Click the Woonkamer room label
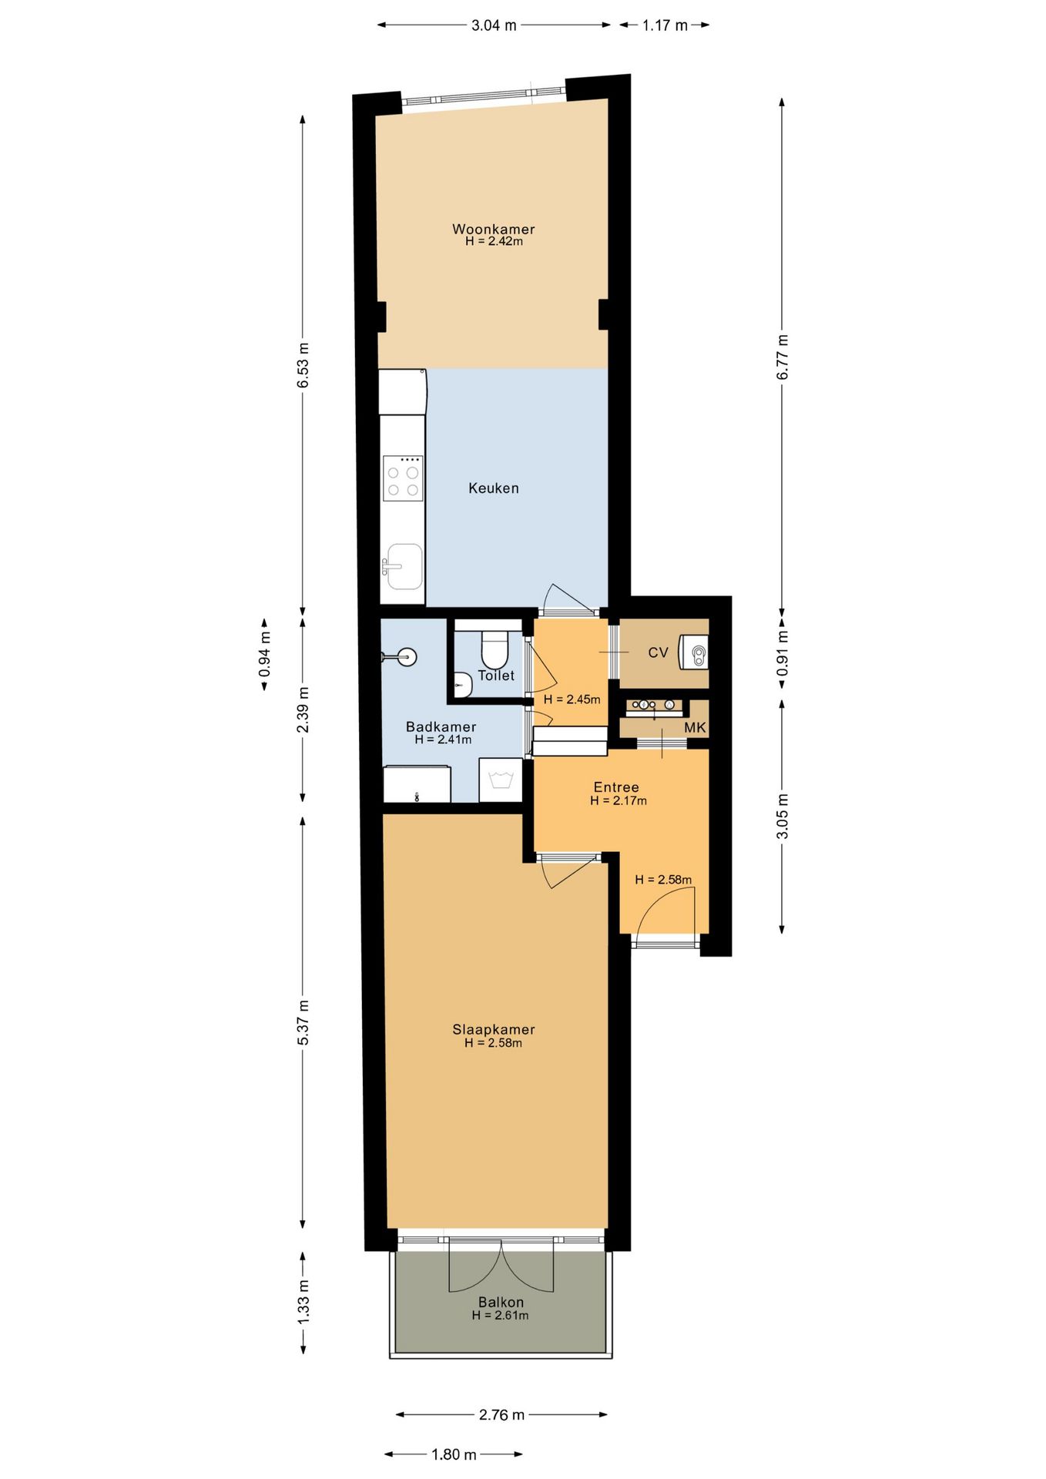point(493,229)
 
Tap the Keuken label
point(494,488)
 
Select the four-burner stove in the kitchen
point(403,478)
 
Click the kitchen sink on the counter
point(404,566)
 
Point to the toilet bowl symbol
point(494,649)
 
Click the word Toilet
point(496,676)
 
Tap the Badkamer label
point(441,726)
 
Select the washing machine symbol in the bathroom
point(501,780)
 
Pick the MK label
point(695,728)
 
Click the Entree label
point(616,787)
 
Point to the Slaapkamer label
point(494,1029)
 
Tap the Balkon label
point(501,1302)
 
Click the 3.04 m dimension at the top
point(494,25)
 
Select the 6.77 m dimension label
point(783,357)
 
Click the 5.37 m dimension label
point(303,1022)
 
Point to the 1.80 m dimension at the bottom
point(454,1454)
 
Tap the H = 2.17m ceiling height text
point(619,801)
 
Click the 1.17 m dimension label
point(665,25)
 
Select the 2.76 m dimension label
point(501,1414)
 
